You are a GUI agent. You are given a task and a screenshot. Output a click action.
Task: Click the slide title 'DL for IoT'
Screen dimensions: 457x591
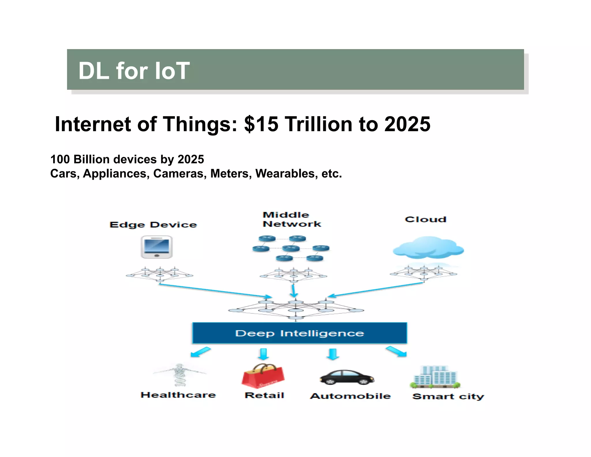(x=134, y=71)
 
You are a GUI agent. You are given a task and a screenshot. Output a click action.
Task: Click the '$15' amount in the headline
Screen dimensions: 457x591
(x=261, y=124)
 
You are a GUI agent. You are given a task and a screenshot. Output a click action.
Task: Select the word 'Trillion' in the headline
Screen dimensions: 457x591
(x=319, y=124)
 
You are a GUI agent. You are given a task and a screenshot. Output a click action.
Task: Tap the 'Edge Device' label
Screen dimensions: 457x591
(x=153, y=225)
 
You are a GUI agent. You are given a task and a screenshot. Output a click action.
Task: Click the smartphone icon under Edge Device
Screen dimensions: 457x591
(x=157, y=247)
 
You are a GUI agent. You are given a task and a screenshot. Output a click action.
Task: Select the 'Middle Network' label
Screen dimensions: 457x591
(x=291, y=219)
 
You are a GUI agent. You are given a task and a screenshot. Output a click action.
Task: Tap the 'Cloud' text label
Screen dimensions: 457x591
(x=425, y=220)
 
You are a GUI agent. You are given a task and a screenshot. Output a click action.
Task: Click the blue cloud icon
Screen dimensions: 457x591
(x=428, y=247)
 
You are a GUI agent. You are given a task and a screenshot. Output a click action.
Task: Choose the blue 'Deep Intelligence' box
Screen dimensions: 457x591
(x=300, y=333)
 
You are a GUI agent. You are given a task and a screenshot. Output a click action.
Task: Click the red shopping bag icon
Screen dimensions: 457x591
(x=263, y=376)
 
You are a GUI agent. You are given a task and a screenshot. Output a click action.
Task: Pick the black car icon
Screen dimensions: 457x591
(x=347, y=377)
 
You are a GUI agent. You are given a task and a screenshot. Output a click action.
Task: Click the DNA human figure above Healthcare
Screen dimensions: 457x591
(x=179, y=375)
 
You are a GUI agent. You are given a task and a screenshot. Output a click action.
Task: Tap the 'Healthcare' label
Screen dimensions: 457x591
(x=178, y=395)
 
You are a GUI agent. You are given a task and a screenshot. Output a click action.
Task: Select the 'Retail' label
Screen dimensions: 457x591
(x=264, y=395)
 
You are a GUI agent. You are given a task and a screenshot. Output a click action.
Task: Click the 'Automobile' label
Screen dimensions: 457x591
(x=350, y=396)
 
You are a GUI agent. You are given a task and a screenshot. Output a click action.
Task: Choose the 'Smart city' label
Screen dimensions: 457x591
(x=448, y=396)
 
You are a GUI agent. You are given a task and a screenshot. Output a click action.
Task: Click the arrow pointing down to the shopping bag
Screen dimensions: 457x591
(x=263, y=354)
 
